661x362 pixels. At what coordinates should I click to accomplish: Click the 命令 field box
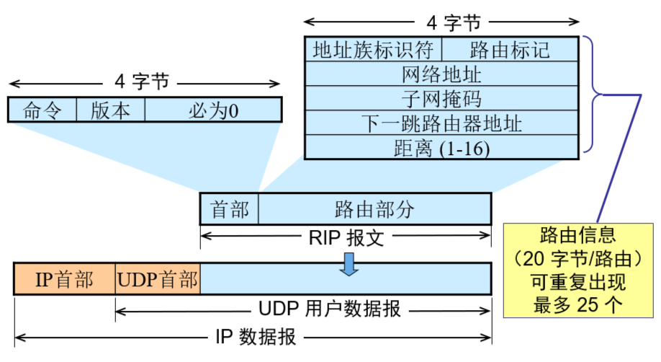click(x=41, y=110)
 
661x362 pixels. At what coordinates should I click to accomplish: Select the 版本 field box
click(x=110, y=110)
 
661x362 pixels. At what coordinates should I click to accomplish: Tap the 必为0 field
click(x=213, y=110)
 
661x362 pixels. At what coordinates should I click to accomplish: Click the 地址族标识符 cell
click(x=373, y=50)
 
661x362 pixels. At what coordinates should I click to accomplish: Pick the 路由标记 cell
click(x=510, y=50)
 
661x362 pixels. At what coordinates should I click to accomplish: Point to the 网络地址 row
click(x=441, y=74)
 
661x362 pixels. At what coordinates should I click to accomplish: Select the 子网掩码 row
click(x=441, y=98)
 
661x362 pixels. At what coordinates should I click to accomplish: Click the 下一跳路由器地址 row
click(x=441, y=123)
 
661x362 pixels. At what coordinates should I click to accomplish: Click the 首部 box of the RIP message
click(x=229, y=209)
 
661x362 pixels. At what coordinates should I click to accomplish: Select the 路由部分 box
click(x=374, y=209)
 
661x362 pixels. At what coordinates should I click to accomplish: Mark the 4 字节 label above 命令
click(x=142, y=81)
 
